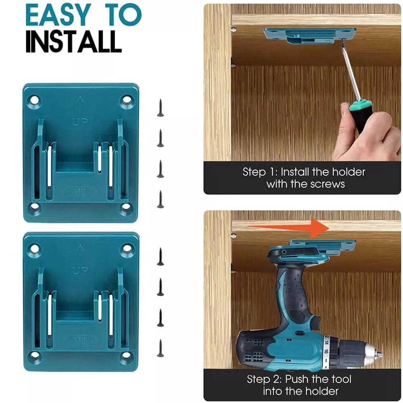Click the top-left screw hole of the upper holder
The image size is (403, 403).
coord(34,99)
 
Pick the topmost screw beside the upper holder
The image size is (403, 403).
coord(160,108)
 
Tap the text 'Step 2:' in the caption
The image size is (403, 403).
coord(264,379)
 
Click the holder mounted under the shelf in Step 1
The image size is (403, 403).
coord(310,35)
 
